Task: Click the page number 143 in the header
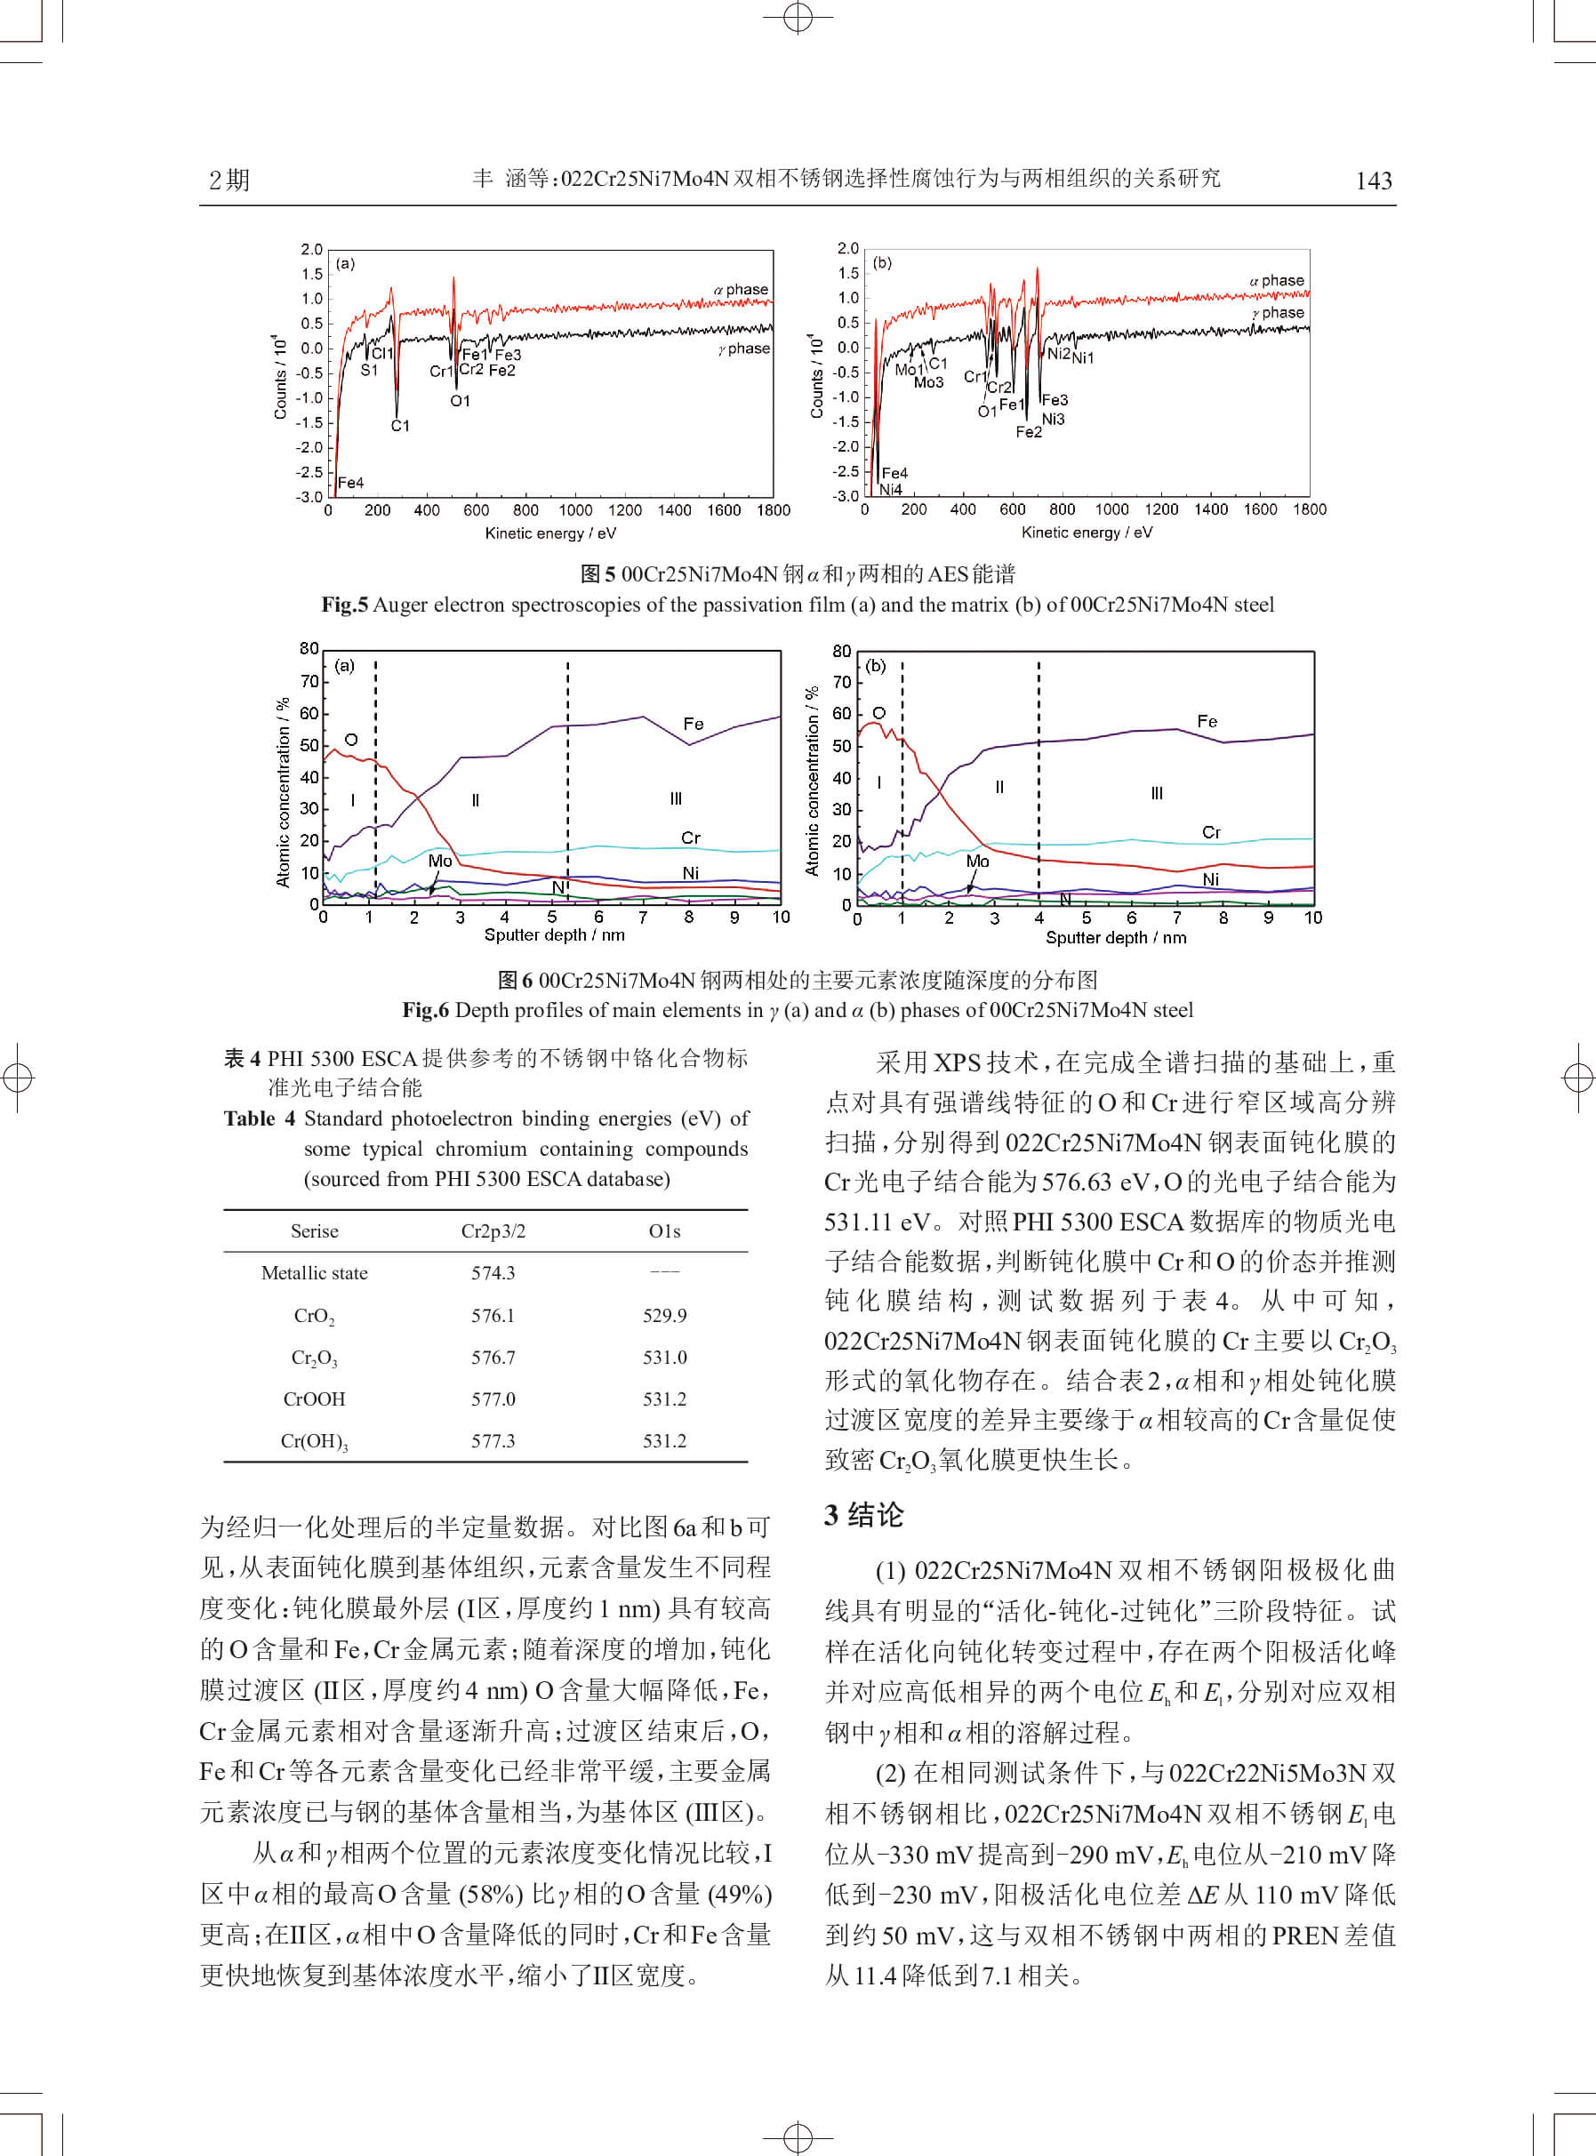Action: pyautogui.click(x=1373, y=180)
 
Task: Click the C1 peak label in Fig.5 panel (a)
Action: pyautogui.click(x=400, y=426)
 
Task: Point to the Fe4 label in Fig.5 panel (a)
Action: pyautogui.click(x=350, y=483)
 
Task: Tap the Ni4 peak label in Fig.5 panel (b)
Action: pyautogui.click(x=890, y=490)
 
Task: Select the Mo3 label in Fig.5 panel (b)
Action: pyautogui.click(x=928, y=382)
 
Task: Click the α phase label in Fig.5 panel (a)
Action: pyautogui.click(x=741, y=290)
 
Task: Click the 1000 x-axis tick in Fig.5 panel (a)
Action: pyautogui.click(x=576, y=510)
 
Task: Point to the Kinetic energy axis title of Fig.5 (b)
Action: pyautogui.click(x=1087, y=533)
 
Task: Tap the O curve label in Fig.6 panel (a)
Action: pyautogui.click(x=350, y=740)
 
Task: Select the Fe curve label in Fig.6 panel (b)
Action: pyautogui.click(x=1207, y=722)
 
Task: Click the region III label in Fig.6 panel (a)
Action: pyautogui.click(x=677, y=799)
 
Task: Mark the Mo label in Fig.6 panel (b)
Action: pyautogui.click(x=978, y=861)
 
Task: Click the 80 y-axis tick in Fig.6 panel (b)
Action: pyautogui.click(x=841, y=651)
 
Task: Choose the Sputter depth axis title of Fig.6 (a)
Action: pyautogui.click(x=554, y=935)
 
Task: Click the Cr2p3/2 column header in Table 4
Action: pyautogui.click(x=493, y=1231)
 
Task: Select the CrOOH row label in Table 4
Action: pyautogui.click(x=314, y=1399)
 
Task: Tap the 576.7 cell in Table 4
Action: pyautogui.click(x=493, y=1357)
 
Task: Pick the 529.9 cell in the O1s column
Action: pyautogui.click(x=665, y=1316)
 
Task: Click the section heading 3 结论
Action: pyautogui.click(x=863, y=1515)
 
